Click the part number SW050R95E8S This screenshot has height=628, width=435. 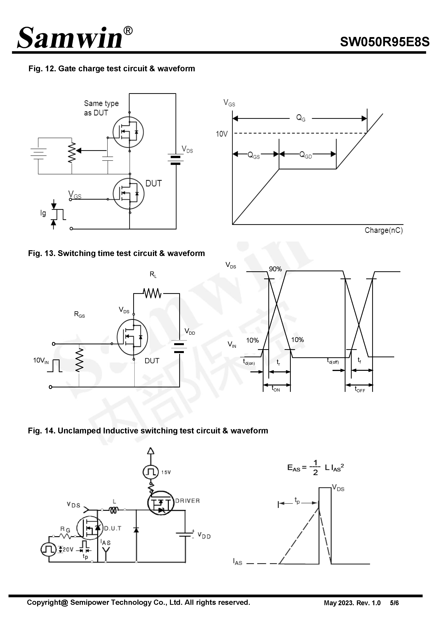tap(384, 42)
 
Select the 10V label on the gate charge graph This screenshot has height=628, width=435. tap(221, 134)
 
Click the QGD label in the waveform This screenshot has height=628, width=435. tap(305, 155)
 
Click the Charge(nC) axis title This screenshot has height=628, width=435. tap(384, 230)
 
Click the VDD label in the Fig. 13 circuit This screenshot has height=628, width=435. tap(190, 331)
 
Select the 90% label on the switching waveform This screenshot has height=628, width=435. tap(275, 269)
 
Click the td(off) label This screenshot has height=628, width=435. tap(333, 361)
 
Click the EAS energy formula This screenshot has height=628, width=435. tap(315, 468)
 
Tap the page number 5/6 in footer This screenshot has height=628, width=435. tap(394, 603)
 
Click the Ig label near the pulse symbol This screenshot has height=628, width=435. tap(43, 213)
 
